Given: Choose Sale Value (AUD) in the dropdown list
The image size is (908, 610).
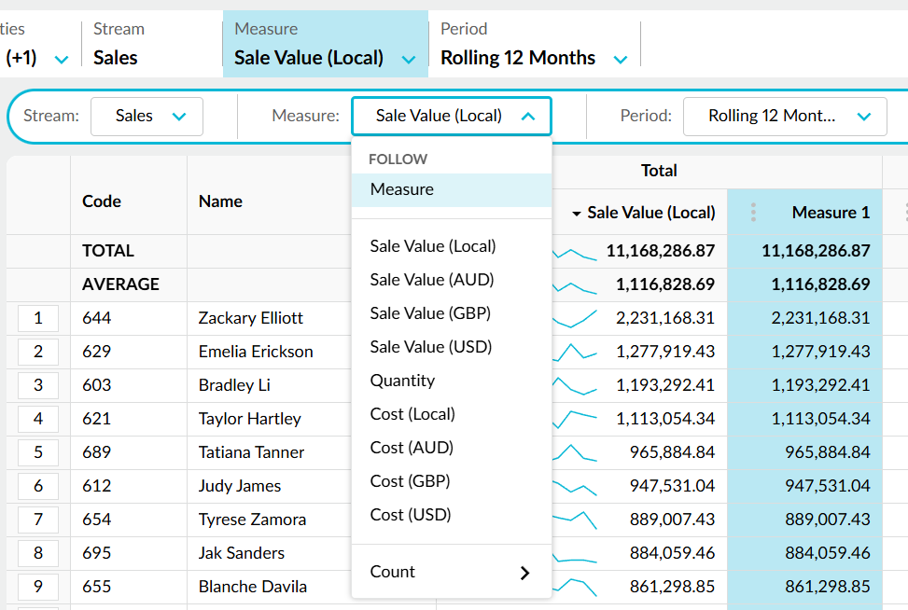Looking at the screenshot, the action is coord(432,280).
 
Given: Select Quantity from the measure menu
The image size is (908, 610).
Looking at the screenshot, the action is coord(402,381).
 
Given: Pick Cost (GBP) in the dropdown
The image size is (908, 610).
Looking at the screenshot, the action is coord(410,481).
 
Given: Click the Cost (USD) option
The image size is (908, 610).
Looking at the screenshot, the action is coord(411,515).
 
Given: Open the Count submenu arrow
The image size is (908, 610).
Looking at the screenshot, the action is coord(524,573).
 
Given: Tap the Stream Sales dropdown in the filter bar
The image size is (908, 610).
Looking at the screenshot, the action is coord(147,117).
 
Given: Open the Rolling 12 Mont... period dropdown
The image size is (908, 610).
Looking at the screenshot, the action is coord(785,117).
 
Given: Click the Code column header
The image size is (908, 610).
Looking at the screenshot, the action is coord(102,201).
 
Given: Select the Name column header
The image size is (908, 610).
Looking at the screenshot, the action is coord(220,201).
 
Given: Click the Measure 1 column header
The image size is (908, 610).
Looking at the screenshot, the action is coord(831,213).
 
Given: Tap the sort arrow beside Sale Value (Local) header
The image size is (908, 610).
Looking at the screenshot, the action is coord(576,214).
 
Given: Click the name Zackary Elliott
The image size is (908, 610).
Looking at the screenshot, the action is coord(250,318).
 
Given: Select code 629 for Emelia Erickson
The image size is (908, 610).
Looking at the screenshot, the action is coord(96,352).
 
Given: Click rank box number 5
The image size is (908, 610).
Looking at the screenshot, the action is coord(38,452).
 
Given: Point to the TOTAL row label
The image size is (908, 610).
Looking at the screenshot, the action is coord(107,251).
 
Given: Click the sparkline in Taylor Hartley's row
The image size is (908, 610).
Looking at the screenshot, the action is coord(575,419).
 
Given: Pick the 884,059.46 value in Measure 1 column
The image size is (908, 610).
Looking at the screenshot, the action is coord(827,553).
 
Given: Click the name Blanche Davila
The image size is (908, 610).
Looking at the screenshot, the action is coord(252,587).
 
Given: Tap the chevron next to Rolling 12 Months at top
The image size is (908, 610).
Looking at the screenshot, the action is coord(621,60).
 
